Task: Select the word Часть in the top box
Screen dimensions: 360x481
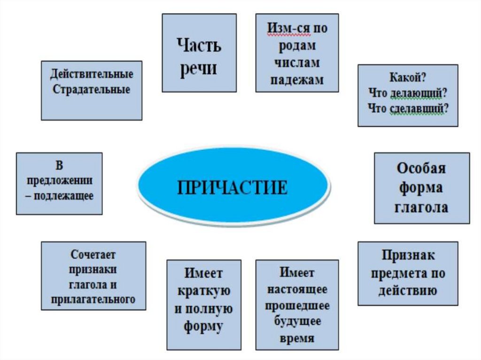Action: coord(199,46)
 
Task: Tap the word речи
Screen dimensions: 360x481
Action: coord(199,68)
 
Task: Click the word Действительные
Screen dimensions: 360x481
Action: coord(92,74)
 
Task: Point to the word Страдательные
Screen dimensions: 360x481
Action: coord(92,89)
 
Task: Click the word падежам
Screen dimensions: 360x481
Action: coord(297,79)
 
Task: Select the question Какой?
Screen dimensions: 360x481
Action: coord(408,77)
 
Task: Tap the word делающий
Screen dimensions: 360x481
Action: coord(416,92)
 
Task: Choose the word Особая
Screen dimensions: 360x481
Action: coord(421,168)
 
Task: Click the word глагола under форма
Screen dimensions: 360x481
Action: coord(421,207)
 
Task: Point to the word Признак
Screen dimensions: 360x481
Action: coord(408,255)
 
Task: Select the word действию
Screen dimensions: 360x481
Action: coord(408,291)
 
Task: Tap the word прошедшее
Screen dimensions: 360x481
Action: coord(297,305)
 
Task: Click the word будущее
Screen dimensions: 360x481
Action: coord(297,322)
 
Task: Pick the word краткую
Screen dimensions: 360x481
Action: coord(204,291)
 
